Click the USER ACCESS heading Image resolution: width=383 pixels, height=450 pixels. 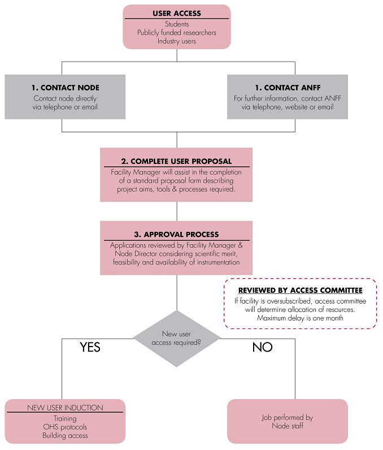pyautogui.click(x=177, y=14)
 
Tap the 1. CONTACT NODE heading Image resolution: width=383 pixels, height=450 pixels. pyautogui.click(x=66, y=88)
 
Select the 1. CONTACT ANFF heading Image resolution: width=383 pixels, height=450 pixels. pyautogui.click(x=288, y=88)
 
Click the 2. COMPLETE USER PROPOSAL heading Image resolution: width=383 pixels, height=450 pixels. pyautogui.click(x=176, y=161)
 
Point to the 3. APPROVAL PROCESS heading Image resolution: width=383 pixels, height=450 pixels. pyautogui.click(x=176, y=235)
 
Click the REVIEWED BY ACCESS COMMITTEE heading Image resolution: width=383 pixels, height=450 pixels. pyautogui.click(x=301, y=291)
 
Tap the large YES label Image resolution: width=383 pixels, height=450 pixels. pyautogui.click(x=90, y=347)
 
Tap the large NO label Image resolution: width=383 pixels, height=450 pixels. pyautogui.click(x=262, y=347)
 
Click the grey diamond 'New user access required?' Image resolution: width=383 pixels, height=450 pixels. pyautogui.click(x=177, y=339)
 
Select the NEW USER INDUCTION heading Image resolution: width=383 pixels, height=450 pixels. pyautogui.click(x=65, y=408)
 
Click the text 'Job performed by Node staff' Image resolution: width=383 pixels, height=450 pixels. pyautogui.click(x=287, y=422)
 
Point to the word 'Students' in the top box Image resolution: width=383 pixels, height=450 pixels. pyautogui.click(x=177, y=24)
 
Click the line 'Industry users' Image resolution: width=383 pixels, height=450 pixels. pyautogui.click(x=177, y=41)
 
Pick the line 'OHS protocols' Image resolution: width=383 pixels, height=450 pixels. pyautogui.click(x=65, y=427)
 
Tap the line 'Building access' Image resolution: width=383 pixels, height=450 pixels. pyautogui.click(x=65, y=436)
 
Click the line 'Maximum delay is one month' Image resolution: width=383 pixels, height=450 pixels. pyautogui.click(x=300, y=318)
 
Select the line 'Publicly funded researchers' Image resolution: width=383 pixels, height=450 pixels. pyautogui.click(x=177, y=33)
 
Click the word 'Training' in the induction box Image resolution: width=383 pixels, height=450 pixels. pyautogui.click(x=65, y=419)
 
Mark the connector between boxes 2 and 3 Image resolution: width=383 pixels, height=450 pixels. pyautogui.click(x=177, y=211)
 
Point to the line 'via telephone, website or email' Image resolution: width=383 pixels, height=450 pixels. pyautogui.click(x=288, y=107)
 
